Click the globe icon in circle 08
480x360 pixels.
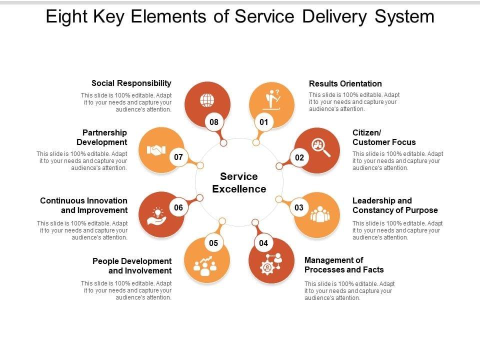point(206,100)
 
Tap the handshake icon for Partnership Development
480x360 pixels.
point(155,149)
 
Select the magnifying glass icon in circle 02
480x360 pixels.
point(320,147)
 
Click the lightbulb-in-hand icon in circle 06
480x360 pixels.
point(156,215)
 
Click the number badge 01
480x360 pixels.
point(263,122)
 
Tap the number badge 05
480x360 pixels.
point(213,243)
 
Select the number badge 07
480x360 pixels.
point(178,157)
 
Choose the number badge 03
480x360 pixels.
point(299,207)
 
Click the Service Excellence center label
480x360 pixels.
point(239,182)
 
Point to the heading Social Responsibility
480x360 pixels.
point(131,83)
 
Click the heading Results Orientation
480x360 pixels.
point(345,83)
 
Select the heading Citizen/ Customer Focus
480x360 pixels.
point(383,137)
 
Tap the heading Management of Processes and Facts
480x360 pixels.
point(344,265)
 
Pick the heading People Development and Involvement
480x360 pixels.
point(132,266)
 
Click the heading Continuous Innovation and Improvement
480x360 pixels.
point(83,205)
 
